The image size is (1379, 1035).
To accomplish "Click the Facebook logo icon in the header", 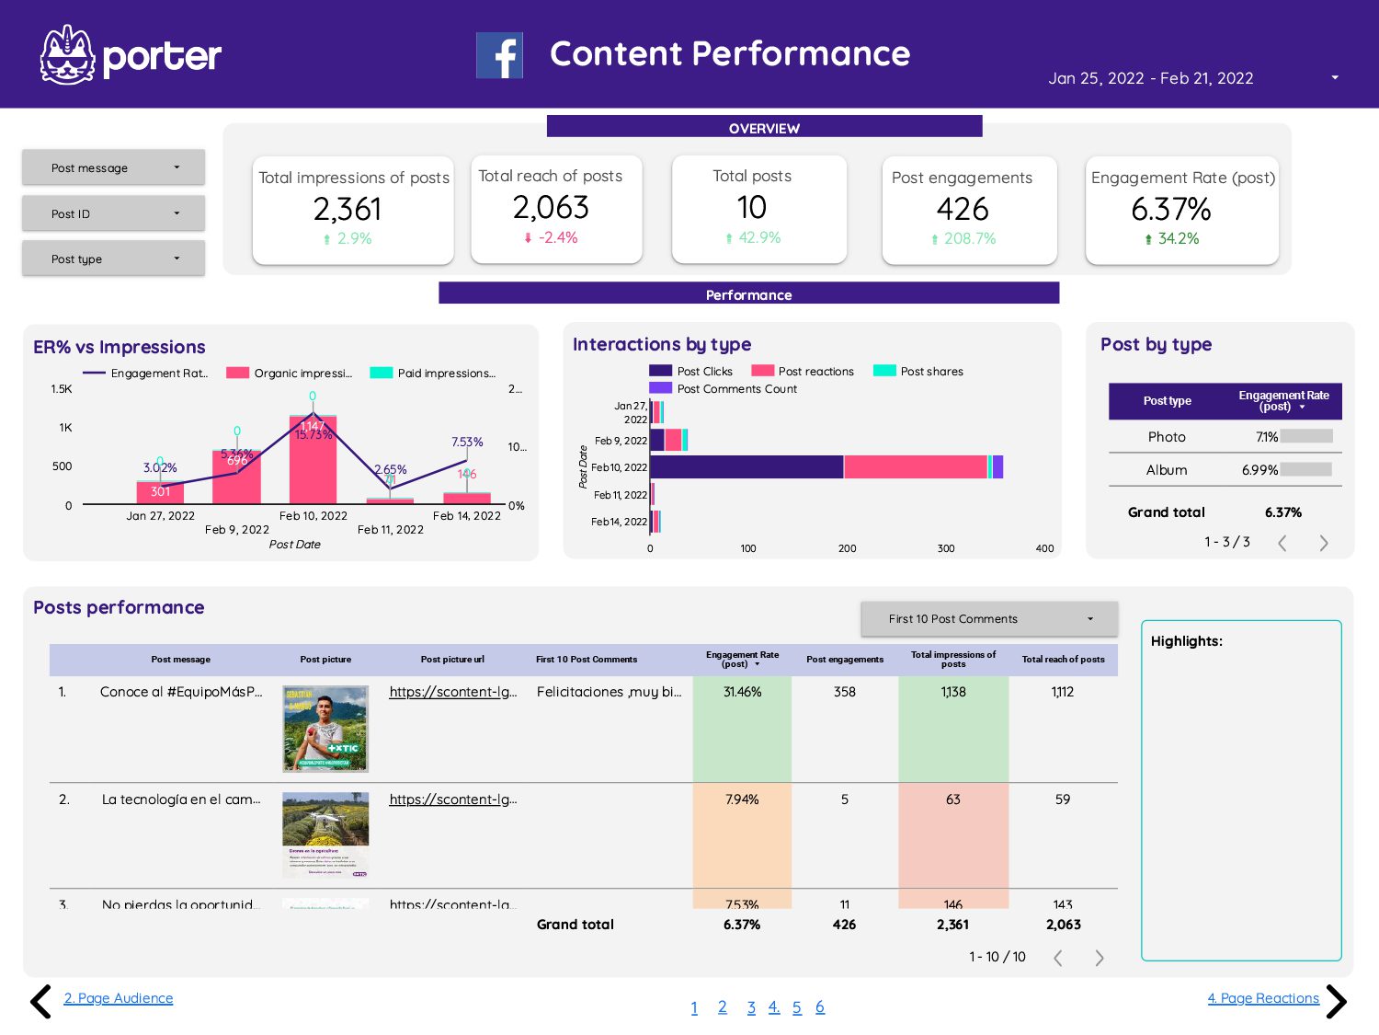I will click(x=499, y=55).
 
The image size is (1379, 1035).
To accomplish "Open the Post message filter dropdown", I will click(x=113, y=167).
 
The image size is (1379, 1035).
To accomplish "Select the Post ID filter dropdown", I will click(x=113, y=213).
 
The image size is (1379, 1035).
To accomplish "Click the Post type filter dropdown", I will click(x=113, y=259).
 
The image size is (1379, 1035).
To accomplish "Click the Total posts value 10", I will click(x=751, y=208).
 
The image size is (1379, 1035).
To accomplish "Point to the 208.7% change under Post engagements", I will click(x=969, y=238).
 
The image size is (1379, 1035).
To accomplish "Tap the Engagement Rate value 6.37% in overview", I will click(x=1170, y=210).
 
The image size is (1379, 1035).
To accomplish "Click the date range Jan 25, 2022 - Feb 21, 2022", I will click(x=1150, y=78).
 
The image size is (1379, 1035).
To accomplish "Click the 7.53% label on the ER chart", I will click(x=467, y=443).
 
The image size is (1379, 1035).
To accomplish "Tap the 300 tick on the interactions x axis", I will click(x=945, y=548).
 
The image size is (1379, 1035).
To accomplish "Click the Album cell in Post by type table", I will click(x=1166, y=470).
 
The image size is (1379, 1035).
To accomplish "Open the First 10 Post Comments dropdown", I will click(x=988, y=619).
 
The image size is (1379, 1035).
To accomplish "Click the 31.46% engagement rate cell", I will click(x=742, y=692).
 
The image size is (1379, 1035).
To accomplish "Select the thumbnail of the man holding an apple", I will click(x=325, y=729).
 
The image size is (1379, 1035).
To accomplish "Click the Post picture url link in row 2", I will click(x=452, y=799).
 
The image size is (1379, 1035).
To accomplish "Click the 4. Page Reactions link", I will click(x=1262, y=998).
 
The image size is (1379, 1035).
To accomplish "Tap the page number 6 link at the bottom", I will click(x=819, y=1007).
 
